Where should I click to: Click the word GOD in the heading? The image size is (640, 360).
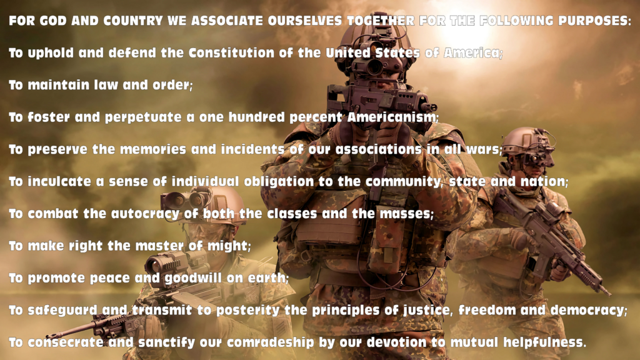tap(53, 21)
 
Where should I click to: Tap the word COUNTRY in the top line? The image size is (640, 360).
tap(133, 21)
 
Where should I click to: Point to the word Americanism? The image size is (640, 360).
tap(391, 117)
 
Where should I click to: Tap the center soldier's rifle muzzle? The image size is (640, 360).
tap(432, 107)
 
